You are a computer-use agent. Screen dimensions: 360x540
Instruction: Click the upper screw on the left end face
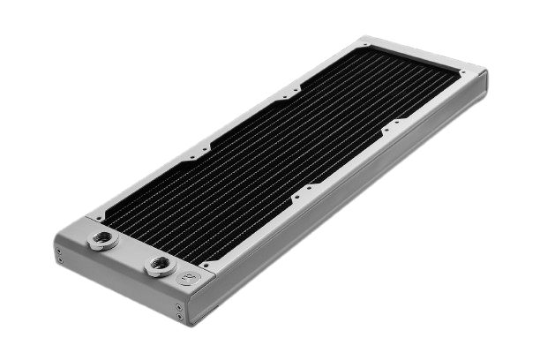click(x=59, y=251)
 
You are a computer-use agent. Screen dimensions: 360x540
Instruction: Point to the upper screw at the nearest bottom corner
click(x=179, y=308)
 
